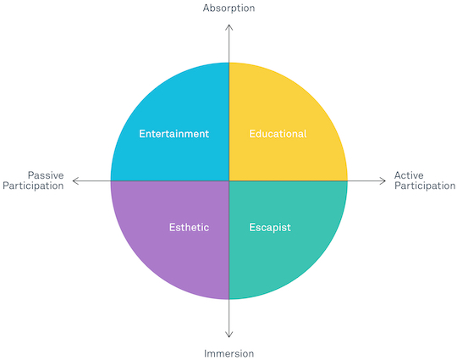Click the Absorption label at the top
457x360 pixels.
coord(228,8)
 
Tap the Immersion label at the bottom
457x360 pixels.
coord(228,353)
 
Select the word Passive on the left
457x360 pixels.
coord(46,175)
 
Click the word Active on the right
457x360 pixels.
coord(409,175)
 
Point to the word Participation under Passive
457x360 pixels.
coord(33,186)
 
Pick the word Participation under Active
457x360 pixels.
coord(425,186)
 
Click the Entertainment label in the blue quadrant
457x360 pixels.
coord(174,134)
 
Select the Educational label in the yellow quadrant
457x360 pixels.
coord(278,134)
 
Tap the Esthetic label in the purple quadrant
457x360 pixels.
coord(190,227)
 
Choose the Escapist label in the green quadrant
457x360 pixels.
coord(270,228)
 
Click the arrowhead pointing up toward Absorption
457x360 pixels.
coord(229,26)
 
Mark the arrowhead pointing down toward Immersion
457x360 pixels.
coord(229,335)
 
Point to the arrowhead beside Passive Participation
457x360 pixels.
coord(74,181)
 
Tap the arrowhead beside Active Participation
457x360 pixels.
coord(383,181)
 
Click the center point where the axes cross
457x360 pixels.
coord(229,181)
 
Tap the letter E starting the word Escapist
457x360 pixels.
coord(252,227)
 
